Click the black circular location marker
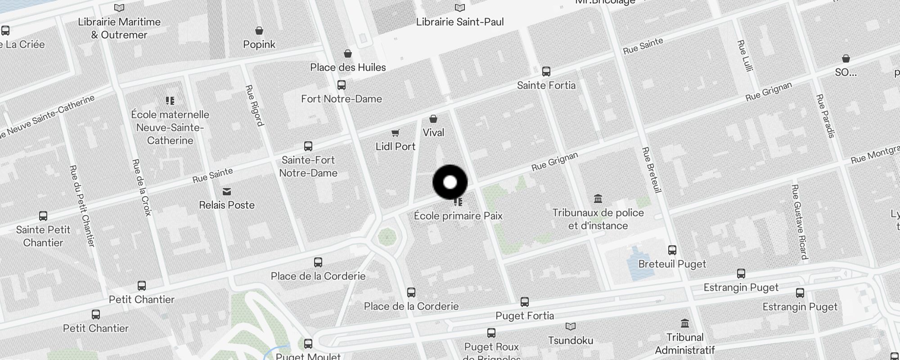coord(450,182)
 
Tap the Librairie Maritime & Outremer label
coord(119,28)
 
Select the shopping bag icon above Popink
coord(259,31)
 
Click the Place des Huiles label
coord(348,67)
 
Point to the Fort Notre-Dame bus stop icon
coord(342,85)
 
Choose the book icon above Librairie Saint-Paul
coord(459,8)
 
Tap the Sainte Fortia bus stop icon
coord(546,72)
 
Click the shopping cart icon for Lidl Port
coord(395,133)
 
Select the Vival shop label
coord(433,133)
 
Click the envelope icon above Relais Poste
coord(227,192)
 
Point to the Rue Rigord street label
coord(254,105)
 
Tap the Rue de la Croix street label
coord(142,187)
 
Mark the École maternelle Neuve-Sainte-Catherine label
coord(170,128)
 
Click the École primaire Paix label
coord(458,216)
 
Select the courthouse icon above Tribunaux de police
coord(598,198)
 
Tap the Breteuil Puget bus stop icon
coord(672,250)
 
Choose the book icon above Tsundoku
coord(571,327)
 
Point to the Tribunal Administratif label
coord(684,344)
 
